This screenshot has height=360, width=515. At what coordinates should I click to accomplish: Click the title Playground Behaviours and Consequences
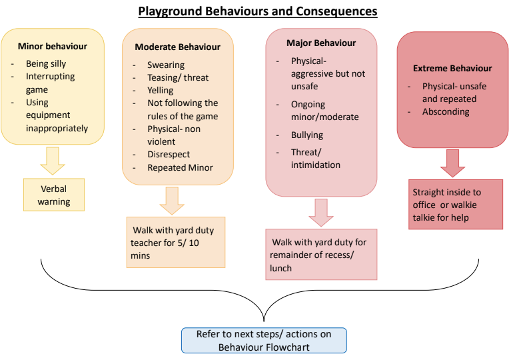[257, 11]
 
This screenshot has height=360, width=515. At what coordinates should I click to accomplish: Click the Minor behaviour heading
[53, 46]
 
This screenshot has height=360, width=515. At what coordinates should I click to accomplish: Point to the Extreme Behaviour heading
[452, 68]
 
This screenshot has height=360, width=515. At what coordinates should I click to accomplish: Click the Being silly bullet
[47, 64]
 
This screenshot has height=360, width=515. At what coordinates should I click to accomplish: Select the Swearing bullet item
[166, 65]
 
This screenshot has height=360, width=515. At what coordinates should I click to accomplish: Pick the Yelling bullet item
[160, 90]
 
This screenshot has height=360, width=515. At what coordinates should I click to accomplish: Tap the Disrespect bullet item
[169, 154]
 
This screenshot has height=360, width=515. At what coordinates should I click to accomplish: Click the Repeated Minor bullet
[180, 167]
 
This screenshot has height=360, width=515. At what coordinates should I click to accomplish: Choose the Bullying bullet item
[306, 135]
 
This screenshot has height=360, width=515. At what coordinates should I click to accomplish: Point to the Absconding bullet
[446, 111]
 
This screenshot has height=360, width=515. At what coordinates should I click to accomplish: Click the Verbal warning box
[54, 194]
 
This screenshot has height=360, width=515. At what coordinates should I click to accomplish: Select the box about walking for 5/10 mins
[176, 242]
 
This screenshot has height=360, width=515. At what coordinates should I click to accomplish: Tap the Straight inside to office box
[456, 204]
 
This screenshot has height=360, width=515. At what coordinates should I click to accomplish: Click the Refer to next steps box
[264, 340]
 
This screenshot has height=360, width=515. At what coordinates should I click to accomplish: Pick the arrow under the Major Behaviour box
[321, 211]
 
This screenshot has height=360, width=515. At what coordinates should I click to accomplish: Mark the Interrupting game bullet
[50, 83]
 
